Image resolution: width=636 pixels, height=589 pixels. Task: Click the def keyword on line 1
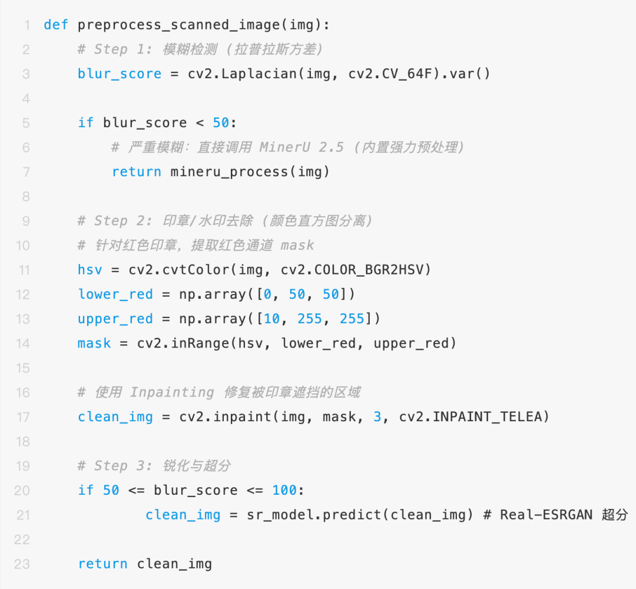(x=57, y=25)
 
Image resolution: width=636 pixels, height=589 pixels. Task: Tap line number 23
(x=22, y=564)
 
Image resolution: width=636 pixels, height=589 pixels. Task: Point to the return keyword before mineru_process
(x=137, y=171)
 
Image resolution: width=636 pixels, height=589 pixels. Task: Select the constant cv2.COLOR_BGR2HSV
(x=356, y=270)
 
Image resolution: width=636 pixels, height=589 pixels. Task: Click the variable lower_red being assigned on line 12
(x=115, y=294)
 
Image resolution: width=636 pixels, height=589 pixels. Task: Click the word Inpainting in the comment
(x=171, y=392)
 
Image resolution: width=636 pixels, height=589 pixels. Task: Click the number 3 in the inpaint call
(x=377, y=417)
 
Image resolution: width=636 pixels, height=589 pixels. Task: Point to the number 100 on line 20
(x=284, y=490)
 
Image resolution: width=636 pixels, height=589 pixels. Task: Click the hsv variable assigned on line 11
(x=90, y=270)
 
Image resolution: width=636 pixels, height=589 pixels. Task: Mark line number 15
(x=22, y=368)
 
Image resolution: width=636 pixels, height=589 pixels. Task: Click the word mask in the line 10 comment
(x=297, y=245)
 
